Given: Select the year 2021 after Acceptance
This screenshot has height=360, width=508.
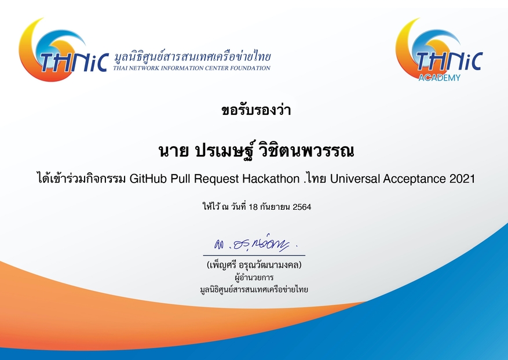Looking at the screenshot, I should (462, 179).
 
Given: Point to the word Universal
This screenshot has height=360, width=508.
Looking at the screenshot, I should (356, 179).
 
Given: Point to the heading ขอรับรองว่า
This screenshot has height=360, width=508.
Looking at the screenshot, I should (254, 110).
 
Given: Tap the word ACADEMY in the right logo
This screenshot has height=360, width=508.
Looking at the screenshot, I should (439, 77).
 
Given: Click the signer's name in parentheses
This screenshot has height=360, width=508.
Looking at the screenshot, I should (254, 266).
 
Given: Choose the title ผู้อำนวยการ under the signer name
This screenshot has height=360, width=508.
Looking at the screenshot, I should (254, 277).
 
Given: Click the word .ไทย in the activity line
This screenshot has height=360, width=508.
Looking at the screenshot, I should (315, 179).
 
